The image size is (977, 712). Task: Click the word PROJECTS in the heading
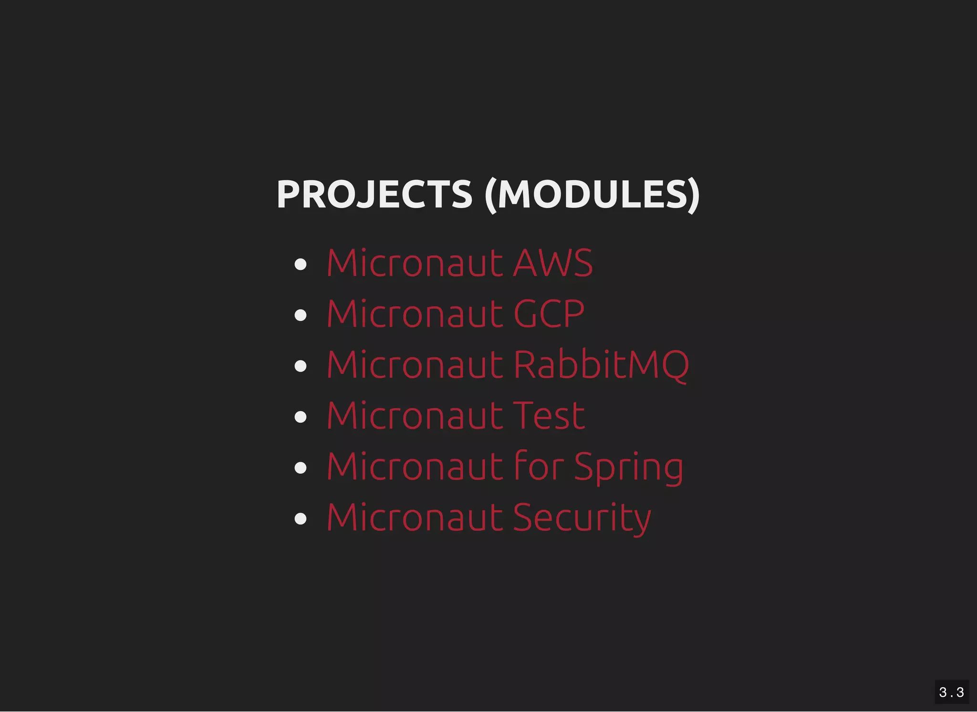pos(374,194)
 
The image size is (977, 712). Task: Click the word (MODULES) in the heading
pos(592,194)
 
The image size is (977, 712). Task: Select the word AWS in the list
pos(553,263)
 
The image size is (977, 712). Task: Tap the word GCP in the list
pos(549,314)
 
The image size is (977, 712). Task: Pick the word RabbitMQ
pos(601,365)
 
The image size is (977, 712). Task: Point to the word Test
pos(549,416)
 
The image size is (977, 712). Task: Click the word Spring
pos(628,467)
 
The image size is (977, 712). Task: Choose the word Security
pos(582,518)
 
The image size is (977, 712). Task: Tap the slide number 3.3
pos(951,692)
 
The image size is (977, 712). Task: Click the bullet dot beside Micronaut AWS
pos(301,264)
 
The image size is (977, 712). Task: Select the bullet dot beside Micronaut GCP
pos(301,315)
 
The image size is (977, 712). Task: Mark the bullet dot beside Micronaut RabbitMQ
pos(301,366)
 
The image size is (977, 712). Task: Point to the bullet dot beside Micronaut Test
pos(301,417)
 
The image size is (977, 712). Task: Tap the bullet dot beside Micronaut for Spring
pos(301,467)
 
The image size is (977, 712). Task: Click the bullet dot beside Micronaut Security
pos(301,518)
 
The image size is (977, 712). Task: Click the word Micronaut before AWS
pos(415,263)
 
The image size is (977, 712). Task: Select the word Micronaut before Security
pos(415,517)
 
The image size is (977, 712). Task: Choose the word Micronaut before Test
pos(415,416)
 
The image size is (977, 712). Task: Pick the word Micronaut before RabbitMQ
pos(415,365)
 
